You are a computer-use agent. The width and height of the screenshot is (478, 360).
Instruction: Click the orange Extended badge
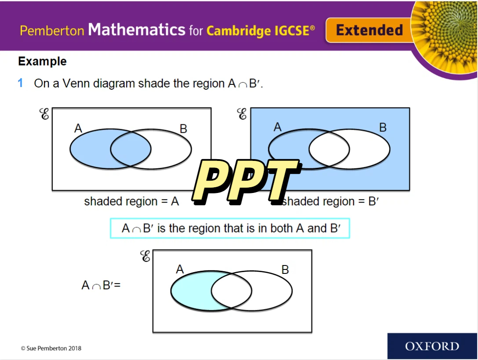[x=369, y=30]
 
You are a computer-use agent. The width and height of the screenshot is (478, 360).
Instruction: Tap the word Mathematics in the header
[x=137, y=29]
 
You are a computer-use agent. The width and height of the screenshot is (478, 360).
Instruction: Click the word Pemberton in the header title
[x=52, y=31]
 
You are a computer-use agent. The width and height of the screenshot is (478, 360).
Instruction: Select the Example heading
[x=42, y=61]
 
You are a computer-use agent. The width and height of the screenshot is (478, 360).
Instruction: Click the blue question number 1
[x=20, y=83]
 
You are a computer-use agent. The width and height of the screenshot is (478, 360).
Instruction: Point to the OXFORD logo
[x=432, y=346]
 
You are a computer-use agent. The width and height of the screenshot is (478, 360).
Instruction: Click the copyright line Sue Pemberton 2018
[x=51, y=348]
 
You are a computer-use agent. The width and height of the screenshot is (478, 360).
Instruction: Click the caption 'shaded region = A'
[x=131, y=201]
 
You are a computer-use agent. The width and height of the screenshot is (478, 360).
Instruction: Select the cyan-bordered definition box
[x=230, y=228]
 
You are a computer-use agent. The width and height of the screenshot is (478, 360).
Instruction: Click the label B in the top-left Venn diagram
[x=183, y=129]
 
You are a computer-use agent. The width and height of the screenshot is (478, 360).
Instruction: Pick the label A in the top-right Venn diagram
[x=277, y=127]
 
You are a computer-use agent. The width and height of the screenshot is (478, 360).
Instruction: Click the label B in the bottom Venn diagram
[x=285, y=269]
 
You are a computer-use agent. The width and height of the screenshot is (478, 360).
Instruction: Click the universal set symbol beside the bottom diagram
[x=146, y=256]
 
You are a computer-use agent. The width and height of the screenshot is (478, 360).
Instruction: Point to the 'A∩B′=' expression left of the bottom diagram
[x=101, y=285]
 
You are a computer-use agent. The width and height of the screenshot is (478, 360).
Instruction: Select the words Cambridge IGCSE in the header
[x=261, y=31]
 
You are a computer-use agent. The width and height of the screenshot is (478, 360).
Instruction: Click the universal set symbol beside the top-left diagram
[x=44, y=114]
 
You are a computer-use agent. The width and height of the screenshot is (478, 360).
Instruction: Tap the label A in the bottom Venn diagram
[x=180, y=269]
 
